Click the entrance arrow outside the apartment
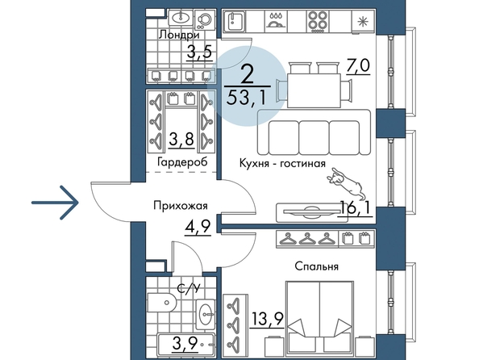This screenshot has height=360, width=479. [x=56, y=203]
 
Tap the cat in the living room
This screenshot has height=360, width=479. [x=344, y=183]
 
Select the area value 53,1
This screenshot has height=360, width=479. [x=247, y=98]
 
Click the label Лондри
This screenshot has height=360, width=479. [x=179, y=35]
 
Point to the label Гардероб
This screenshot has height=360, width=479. [x=182, y=161]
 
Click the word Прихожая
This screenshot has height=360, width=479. [x=181, y=206]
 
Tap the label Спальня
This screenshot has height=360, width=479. [x=316, y=266]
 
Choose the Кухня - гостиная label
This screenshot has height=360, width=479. [x=282, y=163]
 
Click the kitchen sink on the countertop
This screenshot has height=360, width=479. [x=235, y=22]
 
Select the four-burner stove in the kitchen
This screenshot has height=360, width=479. [x=318, y=21]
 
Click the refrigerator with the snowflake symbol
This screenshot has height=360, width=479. [x=363, y=21]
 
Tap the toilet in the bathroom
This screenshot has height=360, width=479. [x=162, y=302]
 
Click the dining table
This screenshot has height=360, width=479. [x=314, y=90]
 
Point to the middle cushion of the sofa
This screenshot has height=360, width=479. [x=314, y=137]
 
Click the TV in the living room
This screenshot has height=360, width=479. [x=309, y=212]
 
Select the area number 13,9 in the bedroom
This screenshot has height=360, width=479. [x=267, y=319]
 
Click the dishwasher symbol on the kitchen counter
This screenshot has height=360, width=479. [x=276, y=21]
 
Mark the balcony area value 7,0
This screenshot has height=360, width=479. [x=358, y=66]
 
